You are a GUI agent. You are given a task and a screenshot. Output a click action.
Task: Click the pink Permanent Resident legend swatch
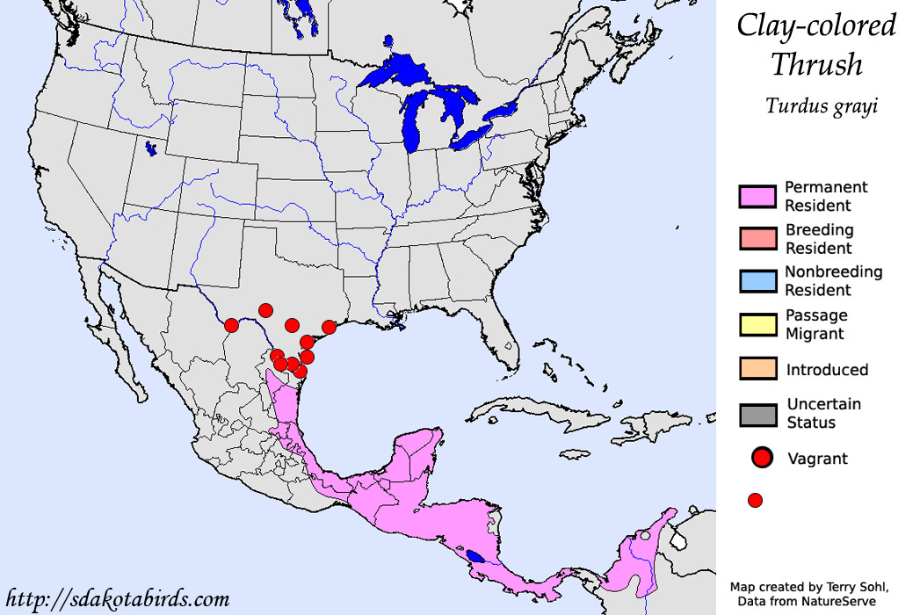pos(757,196)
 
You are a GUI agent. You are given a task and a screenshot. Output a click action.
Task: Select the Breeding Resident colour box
pos(757,239)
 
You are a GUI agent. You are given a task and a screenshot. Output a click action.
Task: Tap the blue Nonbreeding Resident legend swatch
pos(757,281)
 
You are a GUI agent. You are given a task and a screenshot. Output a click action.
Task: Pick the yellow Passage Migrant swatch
pos(757,324)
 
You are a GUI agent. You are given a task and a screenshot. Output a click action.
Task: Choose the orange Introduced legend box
pos(757,369)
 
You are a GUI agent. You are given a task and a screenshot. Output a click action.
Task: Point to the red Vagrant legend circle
pos(761,458)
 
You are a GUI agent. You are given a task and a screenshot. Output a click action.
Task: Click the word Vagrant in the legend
pos(818,459)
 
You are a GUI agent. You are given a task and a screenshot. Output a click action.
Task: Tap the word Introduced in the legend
pos(827,370)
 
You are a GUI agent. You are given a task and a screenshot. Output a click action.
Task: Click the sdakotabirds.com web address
pos(116,600)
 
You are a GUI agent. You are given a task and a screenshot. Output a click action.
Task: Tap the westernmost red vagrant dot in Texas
pos(231,325)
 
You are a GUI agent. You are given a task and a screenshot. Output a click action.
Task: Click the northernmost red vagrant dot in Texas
pos(265,310)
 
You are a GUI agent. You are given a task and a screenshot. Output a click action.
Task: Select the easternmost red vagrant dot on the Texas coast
pos(329,327)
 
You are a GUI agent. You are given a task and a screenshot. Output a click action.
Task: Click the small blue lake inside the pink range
pos(475,556)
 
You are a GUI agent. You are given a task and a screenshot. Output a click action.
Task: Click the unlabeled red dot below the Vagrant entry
pos(754,500)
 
